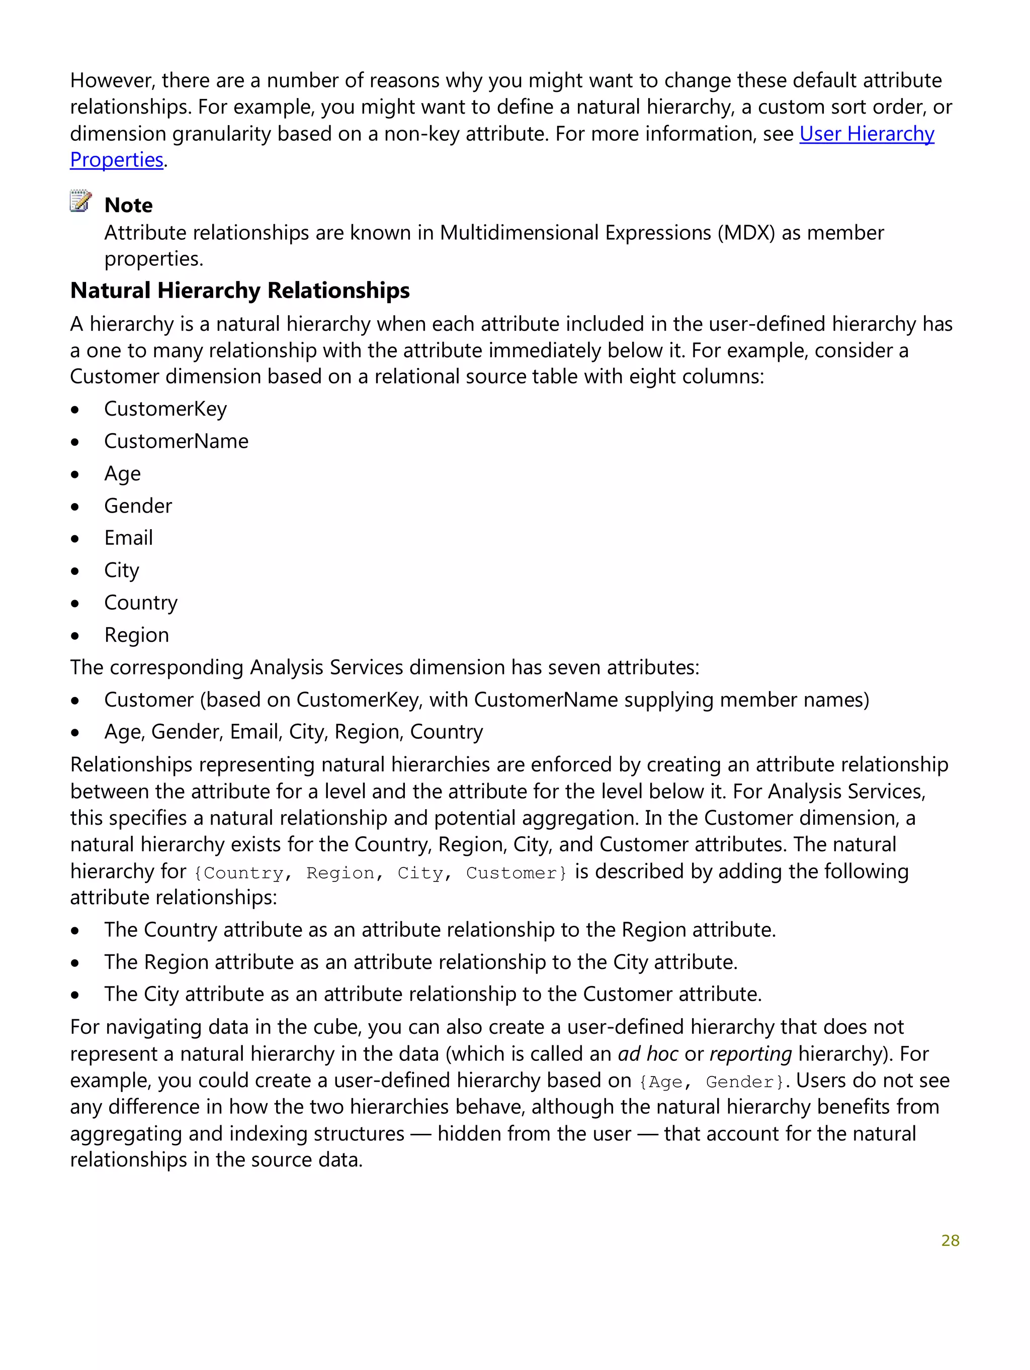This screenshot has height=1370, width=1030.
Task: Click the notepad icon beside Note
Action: click(80, 202)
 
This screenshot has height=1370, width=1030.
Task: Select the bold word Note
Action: click(128, 206)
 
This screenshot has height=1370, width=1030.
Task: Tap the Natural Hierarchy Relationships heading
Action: click(240, 290)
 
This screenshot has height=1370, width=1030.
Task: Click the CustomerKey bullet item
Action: click(165, 409)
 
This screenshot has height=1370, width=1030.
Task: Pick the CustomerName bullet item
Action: click(176, 441)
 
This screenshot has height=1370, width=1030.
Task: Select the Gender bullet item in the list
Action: click(138, 506)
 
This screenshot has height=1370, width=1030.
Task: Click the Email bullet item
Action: click(128, 538)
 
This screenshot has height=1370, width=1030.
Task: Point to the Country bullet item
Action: click(141, 603)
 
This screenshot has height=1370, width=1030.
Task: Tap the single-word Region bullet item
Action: click(136, 635)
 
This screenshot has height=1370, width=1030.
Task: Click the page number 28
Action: click(950, 1240)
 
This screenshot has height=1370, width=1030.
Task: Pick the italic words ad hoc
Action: click(647, 1054)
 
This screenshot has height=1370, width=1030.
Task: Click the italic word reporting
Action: click(750, 1054)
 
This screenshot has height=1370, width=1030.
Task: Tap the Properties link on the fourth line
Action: click(117, 160)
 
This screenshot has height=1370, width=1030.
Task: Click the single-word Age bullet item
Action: click(122, 474)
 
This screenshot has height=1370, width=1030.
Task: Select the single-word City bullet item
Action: click(122, 570)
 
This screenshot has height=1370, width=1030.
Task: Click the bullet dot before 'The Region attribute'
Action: click(75, 963)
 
